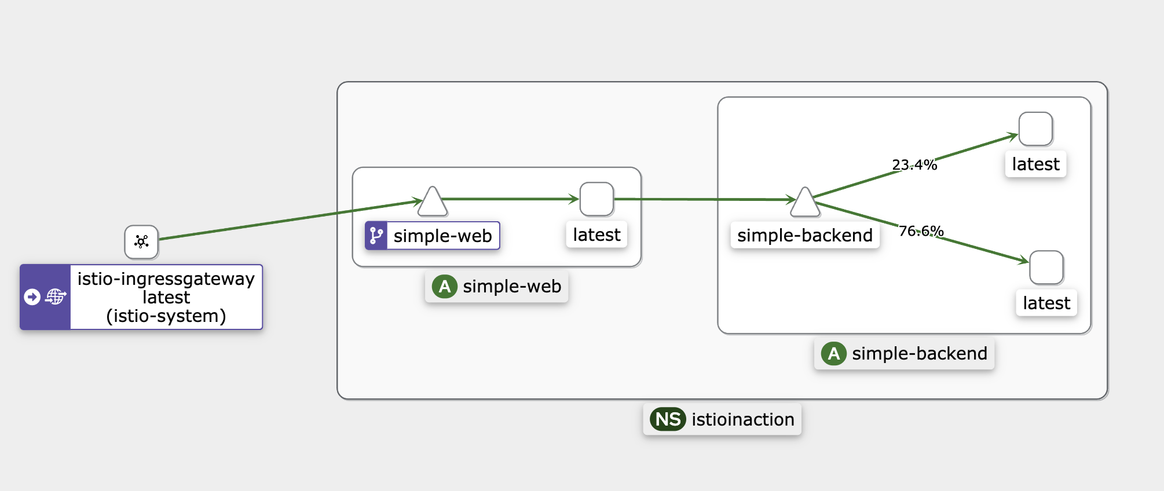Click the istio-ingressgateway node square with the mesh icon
141,242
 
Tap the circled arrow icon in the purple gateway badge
32,297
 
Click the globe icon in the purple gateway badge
56,296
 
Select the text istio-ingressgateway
166,279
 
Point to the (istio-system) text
166,316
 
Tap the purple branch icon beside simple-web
376,236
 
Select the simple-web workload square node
596,199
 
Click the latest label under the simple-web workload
596,235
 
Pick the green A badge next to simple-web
445,286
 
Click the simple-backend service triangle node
805,201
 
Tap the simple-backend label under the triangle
805,235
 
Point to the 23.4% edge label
914,165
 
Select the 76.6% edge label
921,231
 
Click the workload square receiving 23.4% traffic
1035,129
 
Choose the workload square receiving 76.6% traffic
1046,268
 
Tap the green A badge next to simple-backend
834,353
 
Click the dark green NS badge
668,419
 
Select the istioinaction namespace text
743,419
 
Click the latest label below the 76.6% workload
1046,303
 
